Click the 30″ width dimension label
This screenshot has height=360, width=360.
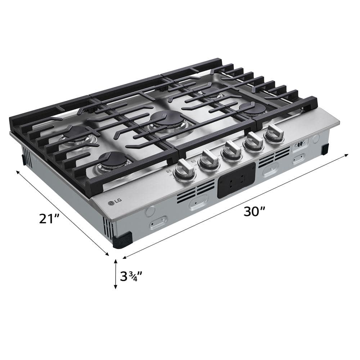[x=254, y=211]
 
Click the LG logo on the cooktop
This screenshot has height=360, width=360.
[x=115, y=202]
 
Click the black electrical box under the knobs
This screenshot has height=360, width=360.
[x=237, y=180]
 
